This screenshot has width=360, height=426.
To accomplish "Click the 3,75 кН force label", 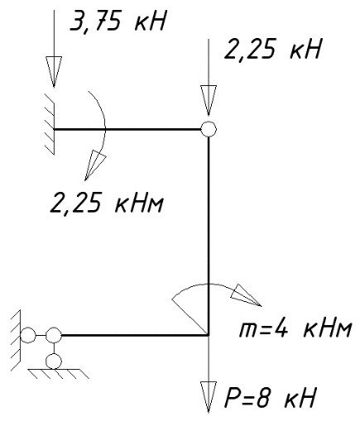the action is pos(118,21).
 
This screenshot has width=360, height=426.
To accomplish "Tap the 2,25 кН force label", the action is pos(272,50).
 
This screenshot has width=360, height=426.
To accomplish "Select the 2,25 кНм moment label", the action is pos(107,203).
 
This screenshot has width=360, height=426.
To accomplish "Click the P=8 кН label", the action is pos(270,398).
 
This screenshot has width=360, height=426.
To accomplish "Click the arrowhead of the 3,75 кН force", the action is pos(54,72).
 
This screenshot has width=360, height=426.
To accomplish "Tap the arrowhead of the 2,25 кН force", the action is pos(209,100).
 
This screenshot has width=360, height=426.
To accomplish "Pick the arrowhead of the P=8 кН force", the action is pos(209,397).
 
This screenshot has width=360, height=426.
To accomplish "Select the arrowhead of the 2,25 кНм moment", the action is pos(94,165).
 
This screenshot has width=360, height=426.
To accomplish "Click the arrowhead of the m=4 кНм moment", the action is pos(246,295).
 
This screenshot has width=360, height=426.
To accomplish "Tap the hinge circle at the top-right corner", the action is pos(209,129).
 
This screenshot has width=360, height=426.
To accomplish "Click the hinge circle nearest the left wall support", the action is pos(28,335).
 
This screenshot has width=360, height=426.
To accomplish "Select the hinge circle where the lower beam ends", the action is pos(54,335).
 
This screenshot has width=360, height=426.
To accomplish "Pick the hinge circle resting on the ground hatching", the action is pos(54,361).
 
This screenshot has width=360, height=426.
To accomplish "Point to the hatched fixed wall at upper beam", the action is pos(50,124).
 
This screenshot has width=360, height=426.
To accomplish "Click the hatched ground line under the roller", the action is pos(59,373).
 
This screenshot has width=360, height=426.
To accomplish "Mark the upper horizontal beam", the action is pos(127,129).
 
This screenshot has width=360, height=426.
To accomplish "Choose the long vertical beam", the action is pos(209,236).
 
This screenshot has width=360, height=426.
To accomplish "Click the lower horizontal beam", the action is pos(135,335).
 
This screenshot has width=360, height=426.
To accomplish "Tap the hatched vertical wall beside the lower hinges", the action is pos(16,340).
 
